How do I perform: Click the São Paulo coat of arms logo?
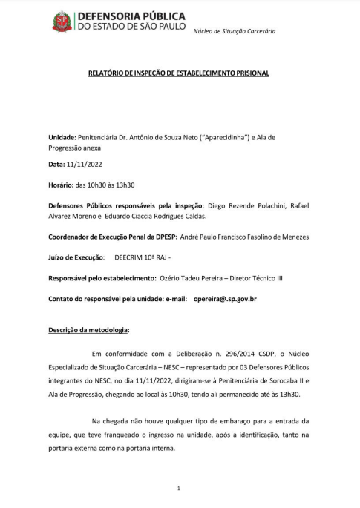click(x=62, y=22)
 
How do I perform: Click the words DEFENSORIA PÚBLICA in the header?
click(x=131, y=16)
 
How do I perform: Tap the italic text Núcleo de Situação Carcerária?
click(x=234, y=31)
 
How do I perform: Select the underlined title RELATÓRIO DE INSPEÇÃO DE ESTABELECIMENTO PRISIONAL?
click(x=180, y=73)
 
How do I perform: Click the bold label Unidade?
click(x=62, y=137)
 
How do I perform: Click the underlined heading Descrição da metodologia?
click(x=89, y=327)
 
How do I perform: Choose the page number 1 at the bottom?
click(x=180, y=489)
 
